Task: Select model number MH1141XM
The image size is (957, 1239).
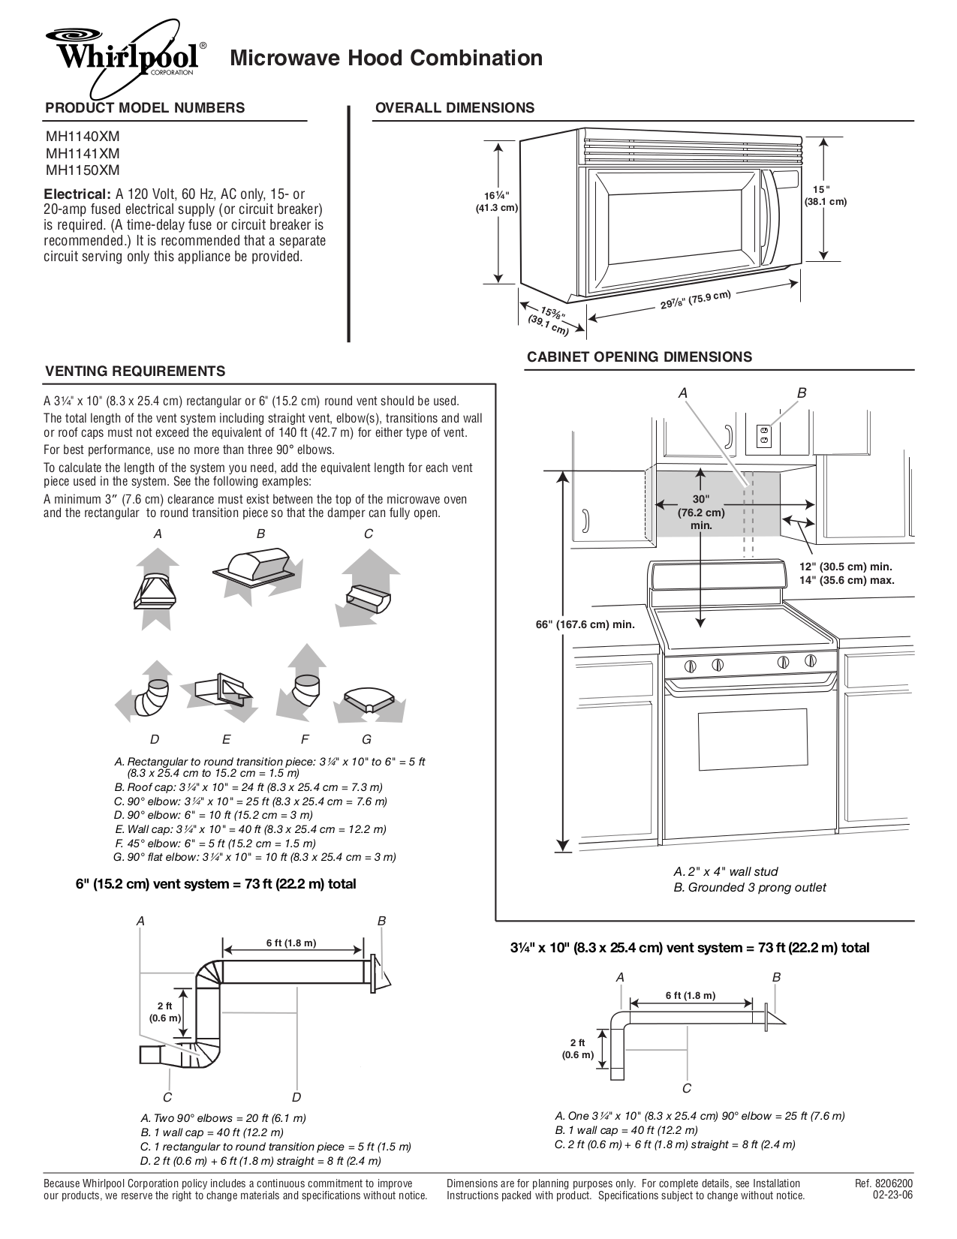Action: tap(82, 153)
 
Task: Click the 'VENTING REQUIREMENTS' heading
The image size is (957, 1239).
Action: tap(135, 371)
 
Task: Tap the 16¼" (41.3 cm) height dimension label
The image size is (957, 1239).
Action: tap(497, 202)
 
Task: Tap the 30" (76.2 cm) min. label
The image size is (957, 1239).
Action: tap(700, 512)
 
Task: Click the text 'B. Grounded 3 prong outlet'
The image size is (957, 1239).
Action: tap(749, 887)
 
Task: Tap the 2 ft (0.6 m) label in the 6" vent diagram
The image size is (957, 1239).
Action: tap(164, 1012)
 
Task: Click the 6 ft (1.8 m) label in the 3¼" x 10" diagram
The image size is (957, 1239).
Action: tap(690, 995)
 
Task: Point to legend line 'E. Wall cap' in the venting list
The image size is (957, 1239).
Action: tap(251, 829)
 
